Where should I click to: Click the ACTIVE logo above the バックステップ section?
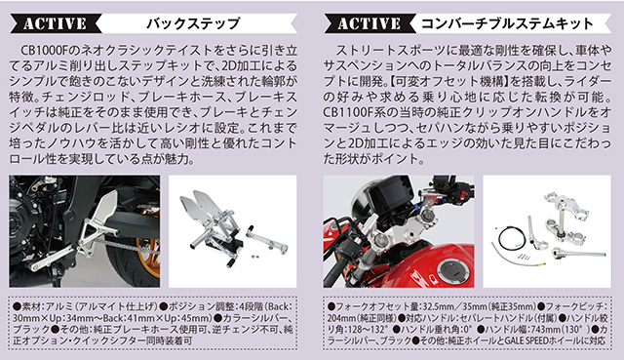(x=55, y=23)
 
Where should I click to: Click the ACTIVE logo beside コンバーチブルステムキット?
(x=369, y=23)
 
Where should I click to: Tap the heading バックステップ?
(x=193, y=23)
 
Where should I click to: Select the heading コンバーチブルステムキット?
(x=507, y=23)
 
